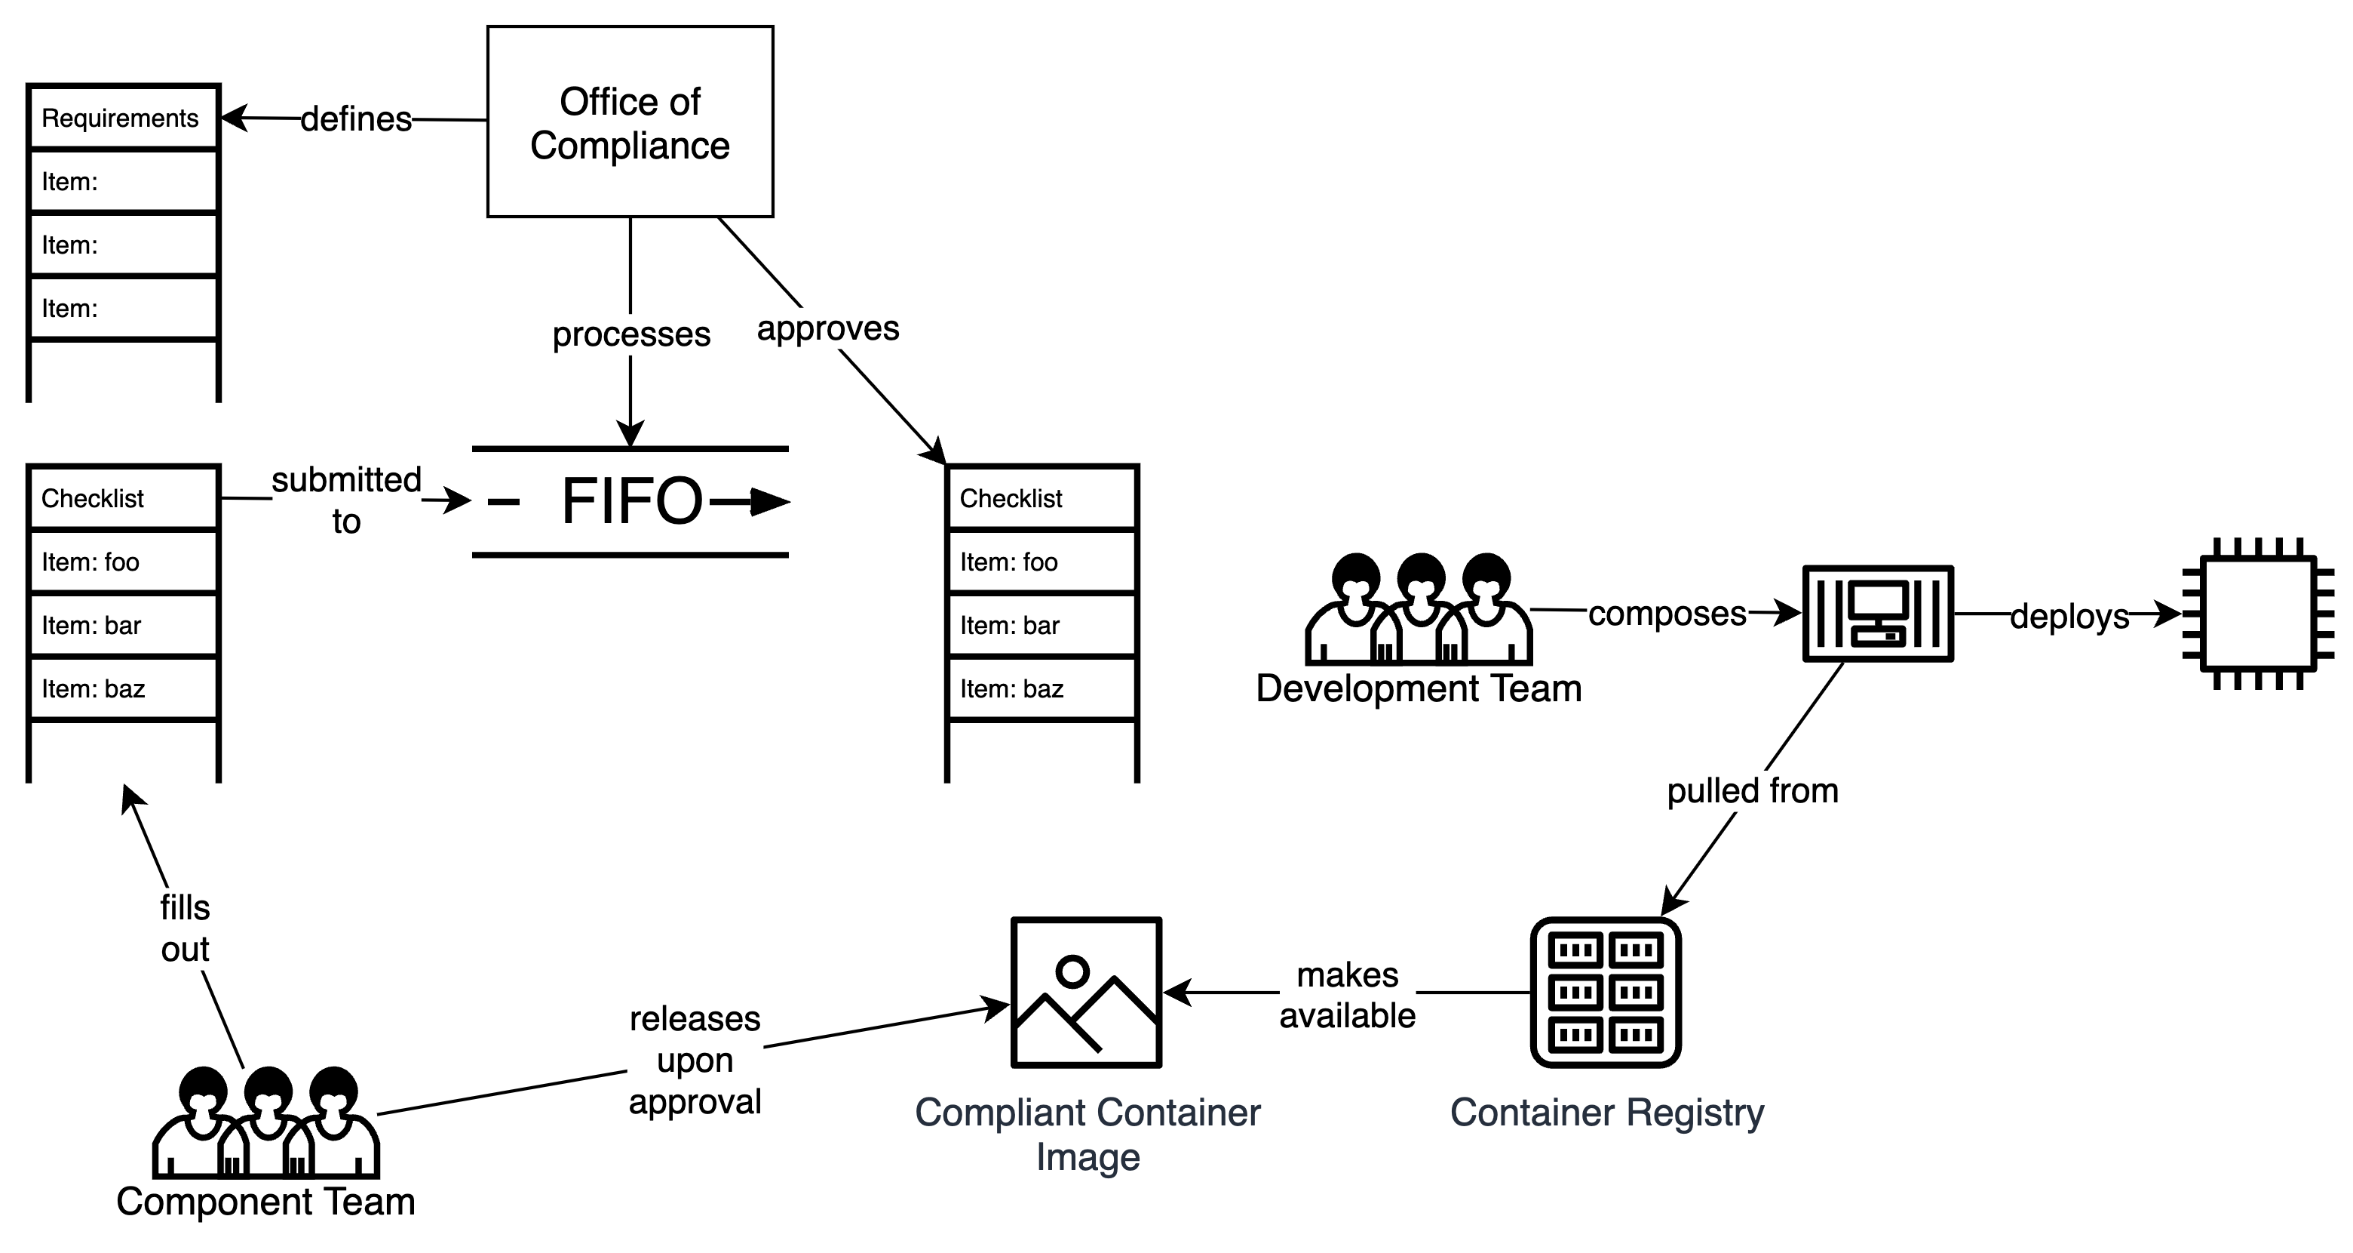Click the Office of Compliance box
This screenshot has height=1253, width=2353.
point(630,122)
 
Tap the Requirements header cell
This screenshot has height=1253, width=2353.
point(122,118)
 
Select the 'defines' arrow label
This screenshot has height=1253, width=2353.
point(356,119)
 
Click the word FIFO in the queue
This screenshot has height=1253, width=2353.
point(632,501)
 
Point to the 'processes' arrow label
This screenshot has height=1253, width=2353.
point(631,334)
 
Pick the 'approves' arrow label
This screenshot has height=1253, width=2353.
point(827,328)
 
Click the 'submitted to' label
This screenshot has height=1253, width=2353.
point(346,500)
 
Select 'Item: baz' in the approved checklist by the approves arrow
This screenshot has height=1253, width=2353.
point(1042,688)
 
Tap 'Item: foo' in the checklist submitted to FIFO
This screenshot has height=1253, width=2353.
point(122,561)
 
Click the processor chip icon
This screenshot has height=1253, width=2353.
point(2258,613)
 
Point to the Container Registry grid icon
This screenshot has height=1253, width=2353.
point(1606,993)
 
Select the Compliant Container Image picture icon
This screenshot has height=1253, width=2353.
point(1086,993)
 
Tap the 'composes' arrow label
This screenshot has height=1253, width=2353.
point(1667,613)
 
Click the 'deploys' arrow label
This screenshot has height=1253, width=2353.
point(2069,616)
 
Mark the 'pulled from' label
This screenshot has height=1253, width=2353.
point(1752,790)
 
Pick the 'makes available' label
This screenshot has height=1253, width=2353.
point(1347,996)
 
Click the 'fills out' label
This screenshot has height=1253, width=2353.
point(186,928)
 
